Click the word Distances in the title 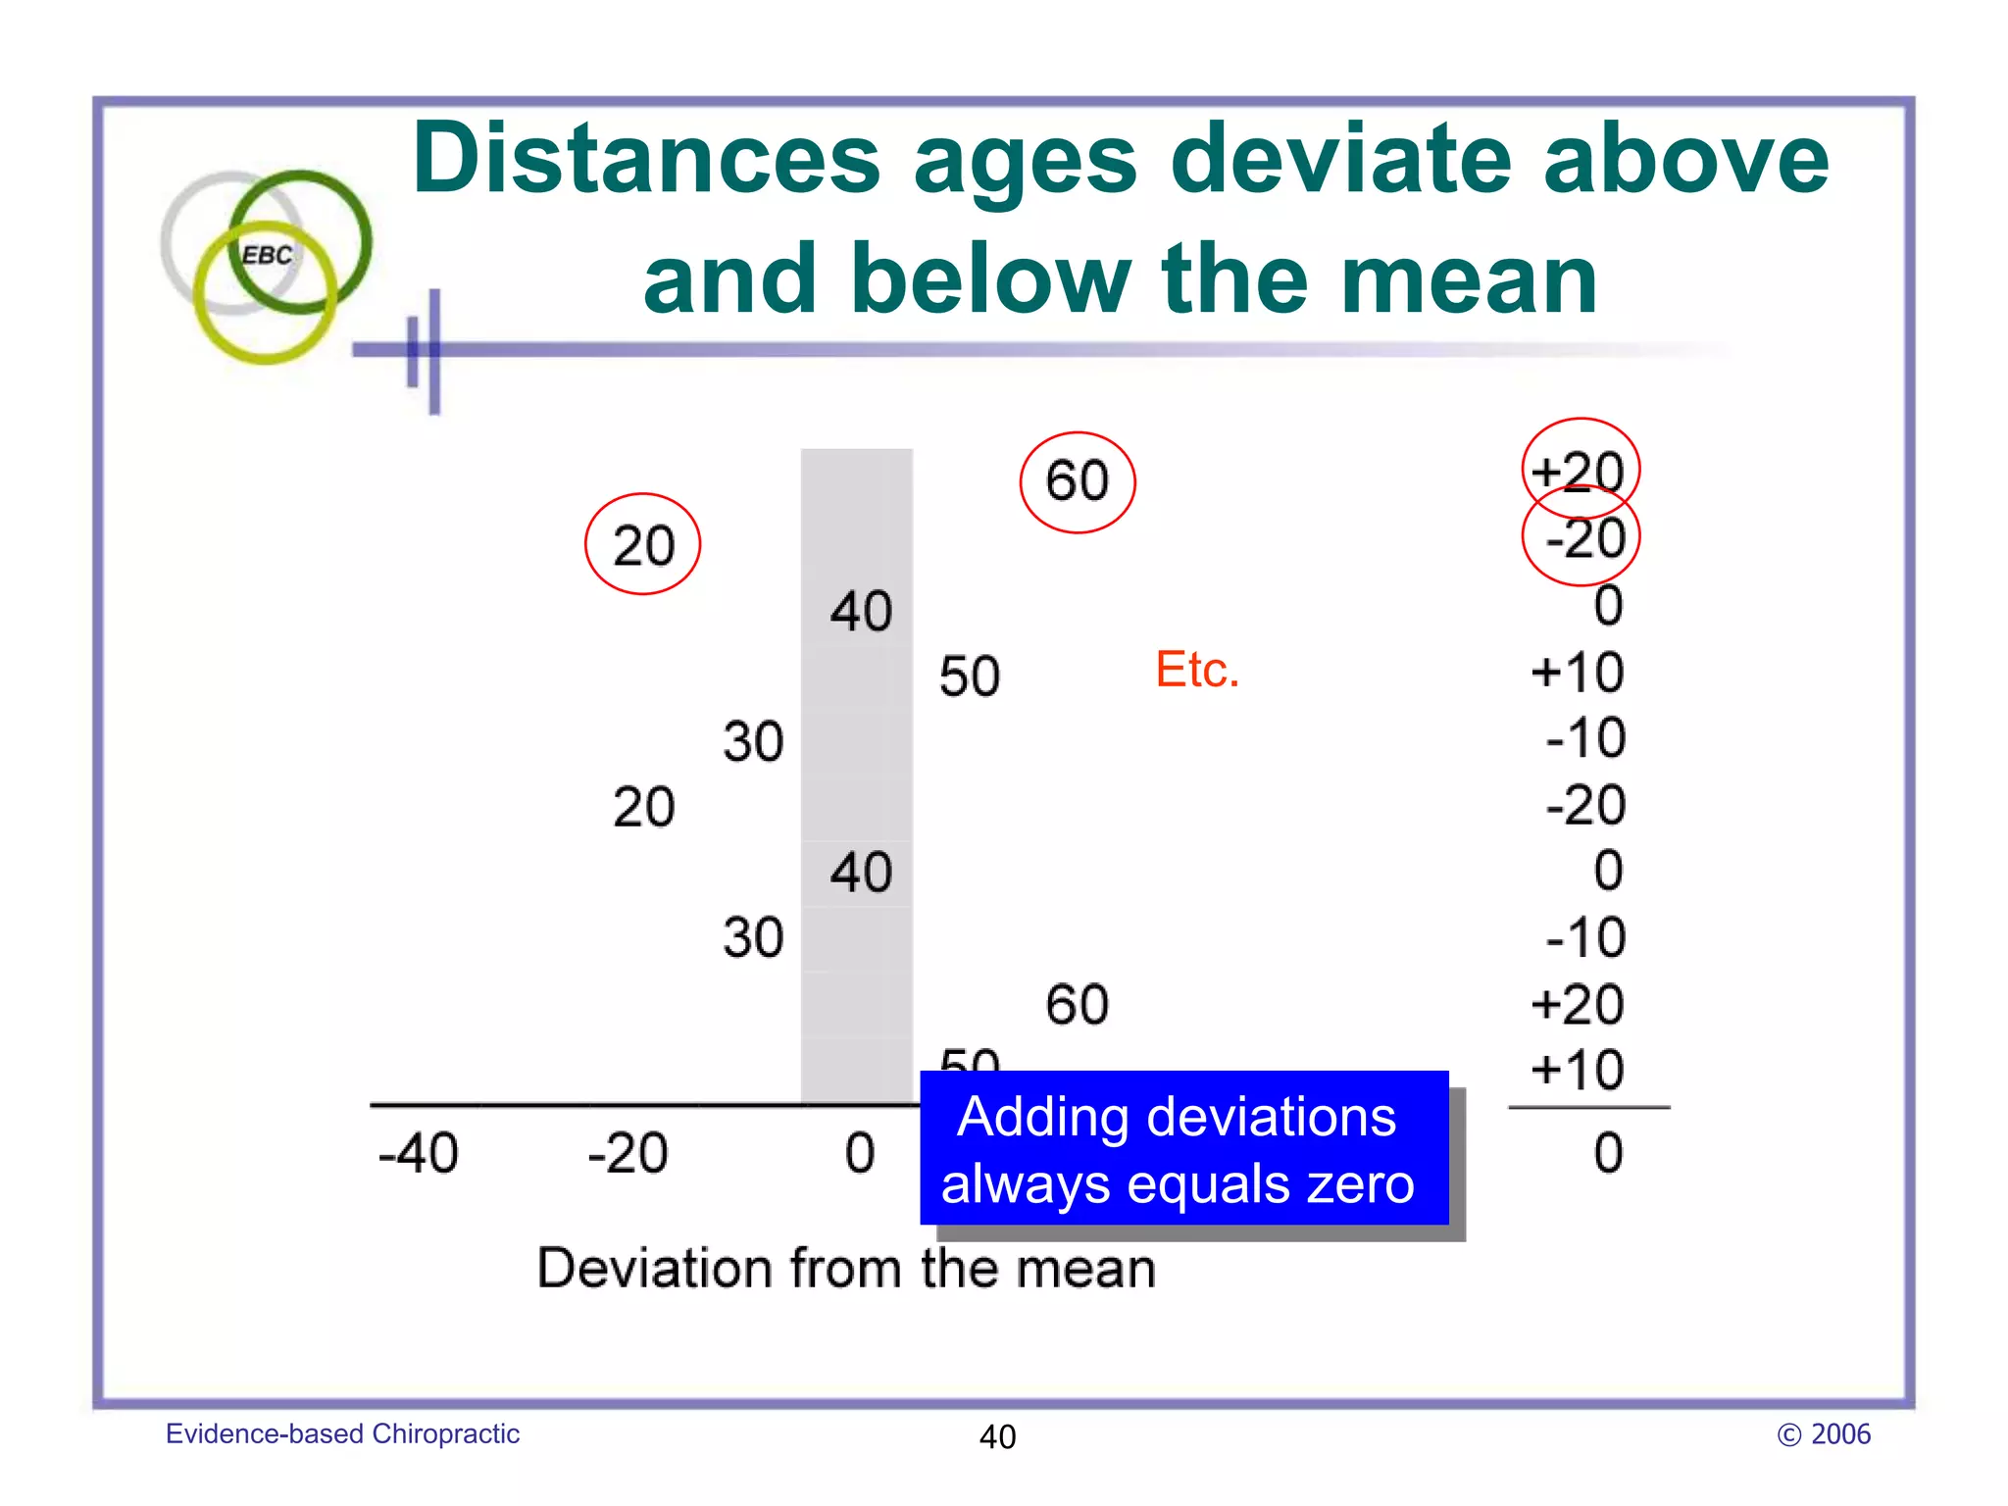tap(647, 160)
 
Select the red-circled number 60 tap(1077, 481)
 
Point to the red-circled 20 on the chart tap(643, 545)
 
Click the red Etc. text tap(1196, 670)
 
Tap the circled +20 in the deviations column tap(1579, 472)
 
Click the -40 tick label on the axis tap(418, 1153)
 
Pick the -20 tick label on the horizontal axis tap(627, 1153)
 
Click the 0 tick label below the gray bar tap(860, 1153)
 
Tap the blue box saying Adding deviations tap(1183, 1148)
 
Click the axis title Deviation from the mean tap(846, 1268)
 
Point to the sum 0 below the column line tap(1607, 1153)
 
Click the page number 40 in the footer tap(997, 1436)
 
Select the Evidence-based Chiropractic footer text tap(342, 1433)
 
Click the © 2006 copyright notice tap(1823, 1433)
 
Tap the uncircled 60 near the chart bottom tap(1077, 1005)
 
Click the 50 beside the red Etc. tap(969, 677)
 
